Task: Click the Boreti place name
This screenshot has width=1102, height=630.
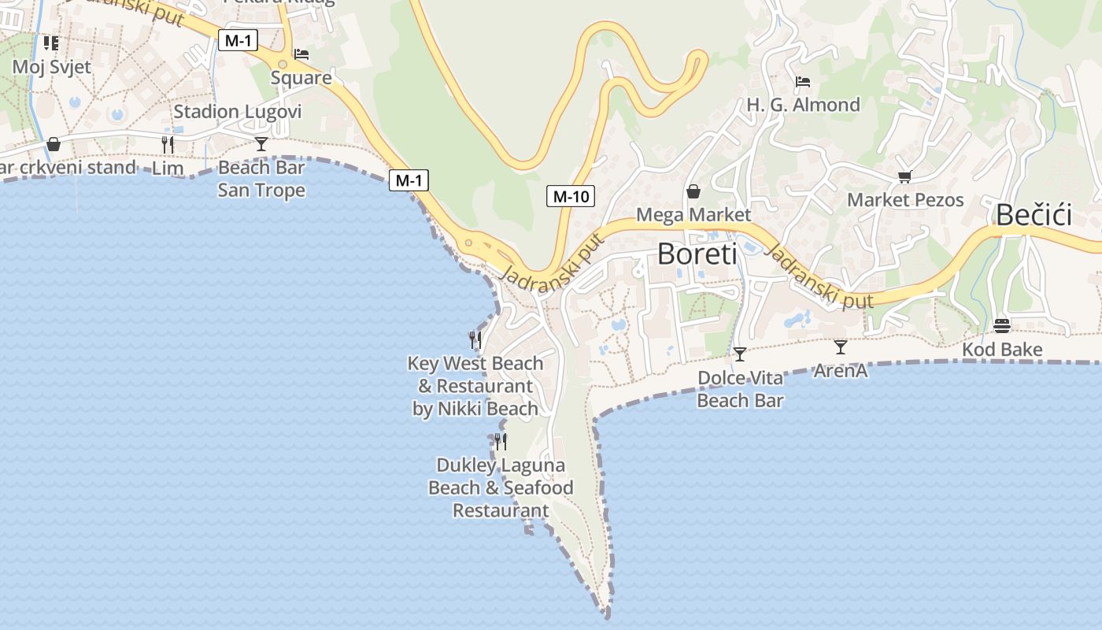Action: [697, 254]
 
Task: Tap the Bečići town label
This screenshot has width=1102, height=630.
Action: [1034, 215]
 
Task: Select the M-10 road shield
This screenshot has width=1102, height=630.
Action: [571, 196]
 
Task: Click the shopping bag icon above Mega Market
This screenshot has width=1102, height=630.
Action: [693, 191]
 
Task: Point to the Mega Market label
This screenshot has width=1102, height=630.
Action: [693, 214]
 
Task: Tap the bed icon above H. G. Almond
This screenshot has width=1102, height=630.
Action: [803, 82]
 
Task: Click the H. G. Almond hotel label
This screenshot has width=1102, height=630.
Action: [803, 105]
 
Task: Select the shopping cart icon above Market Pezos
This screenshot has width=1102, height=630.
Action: [904, 177]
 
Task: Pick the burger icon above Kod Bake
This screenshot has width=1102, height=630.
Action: [1002, 326]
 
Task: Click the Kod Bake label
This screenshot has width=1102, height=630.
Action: [1002, 350]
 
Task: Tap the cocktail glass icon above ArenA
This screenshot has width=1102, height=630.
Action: [841, 346]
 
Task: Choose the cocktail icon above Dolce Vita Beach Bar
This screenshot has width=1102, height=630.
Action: [740, 354]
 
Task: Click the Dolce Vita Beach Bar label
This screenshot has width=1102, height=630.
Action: [740, 389]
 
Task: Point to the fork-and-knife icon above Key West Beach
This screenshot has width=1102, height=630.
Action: [475, 339]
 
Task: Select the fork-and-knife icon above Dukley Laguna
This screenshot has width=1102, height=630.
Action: [501, 441]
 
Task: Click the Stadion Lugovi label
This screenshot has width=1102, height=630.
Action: [237, 111]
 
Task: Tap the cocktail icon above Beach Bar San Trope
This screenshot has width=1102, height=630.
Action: [261, 144]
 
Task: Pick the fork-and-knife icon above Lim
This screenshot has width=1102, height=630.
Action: [168, 144]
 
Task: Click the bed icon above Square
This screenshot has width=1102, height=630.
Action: [301, 55]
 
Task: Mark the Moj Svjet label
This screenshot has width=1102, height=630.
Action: [52, 66]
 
